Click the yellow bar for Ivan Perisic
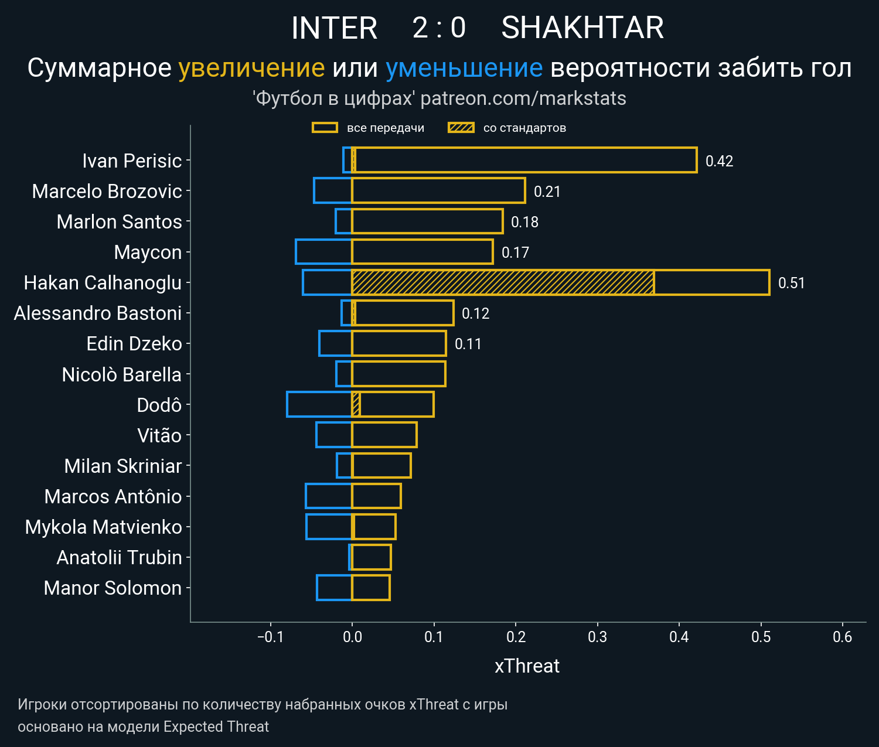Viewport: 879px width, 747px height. tap(524, 161)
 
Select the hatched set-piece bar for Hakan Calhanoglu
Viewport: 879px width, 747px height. tap(503, 282)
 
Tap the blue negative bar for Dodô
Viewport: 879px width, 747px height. tap(319, 404)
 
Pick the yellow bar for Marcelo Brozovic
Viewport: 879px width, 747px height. tap(438, 191)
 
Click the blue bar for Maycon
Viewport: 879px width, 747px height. tap(323, 252)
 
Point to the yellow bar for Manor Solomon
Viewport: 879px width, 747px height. tap(371, 588)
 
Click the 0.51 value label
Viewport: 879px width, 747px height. tap(791, 283)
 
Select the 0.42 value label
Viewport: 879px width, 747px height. tap(719, 161)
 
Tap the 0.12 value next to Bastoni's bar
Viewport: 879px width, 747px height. tap(475, 313)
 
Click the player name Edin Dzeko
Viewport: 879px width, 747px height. tap(134, 344)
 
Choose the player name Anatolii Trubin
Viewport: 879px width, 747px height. tap(119, 557)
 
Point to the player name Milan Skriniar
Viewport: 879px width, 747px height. tap(123, 466)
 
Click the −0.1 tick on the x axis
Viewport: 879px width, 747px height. tap(270, 637)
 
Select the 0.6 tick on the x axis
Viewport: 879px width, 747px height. tap(842, 637)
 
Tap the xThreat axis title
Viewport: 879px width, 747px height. tap(527, 666)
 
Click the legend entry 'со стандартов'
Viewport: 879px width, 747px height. tap(524, 128)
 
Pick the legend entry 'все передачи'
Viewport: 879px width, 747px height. tap(385, 128)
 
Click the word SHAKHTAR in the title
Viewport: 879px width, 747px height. tap(582, 28)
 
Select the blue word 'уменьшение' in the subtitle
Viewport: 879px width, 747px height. tap(464, 68)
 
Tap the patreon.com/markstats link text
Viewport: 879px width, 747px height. tap(523, 98)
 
